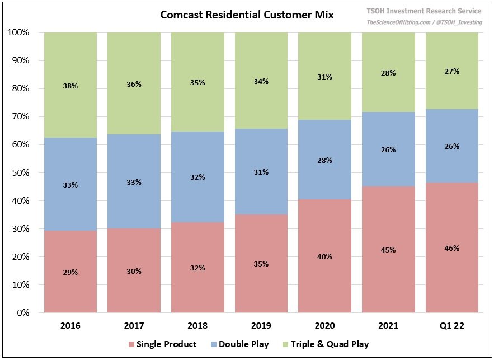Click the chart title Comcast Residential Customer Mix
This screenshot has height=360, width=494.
(x=247, y=15)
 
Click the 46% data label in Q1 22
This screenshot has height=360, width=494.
(x=452, y=248)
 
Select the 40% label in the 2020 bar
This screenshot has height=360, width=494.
(x=324, y=257)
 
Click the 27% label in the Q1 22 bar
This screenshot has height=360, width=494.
(x=452, y=72)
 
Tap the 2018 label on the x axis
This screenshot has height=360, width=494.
(x=197, y=325)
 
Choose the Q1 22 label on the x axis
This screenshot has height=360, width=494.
(x=452, y=325)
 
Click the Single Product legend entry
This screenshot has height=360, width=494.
(x=162, y=344)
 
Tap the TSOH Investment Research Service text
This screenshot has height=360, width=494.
(x=424, y=11)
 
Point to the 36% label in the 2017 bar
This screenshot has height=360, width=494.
(x=134, y=85)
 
